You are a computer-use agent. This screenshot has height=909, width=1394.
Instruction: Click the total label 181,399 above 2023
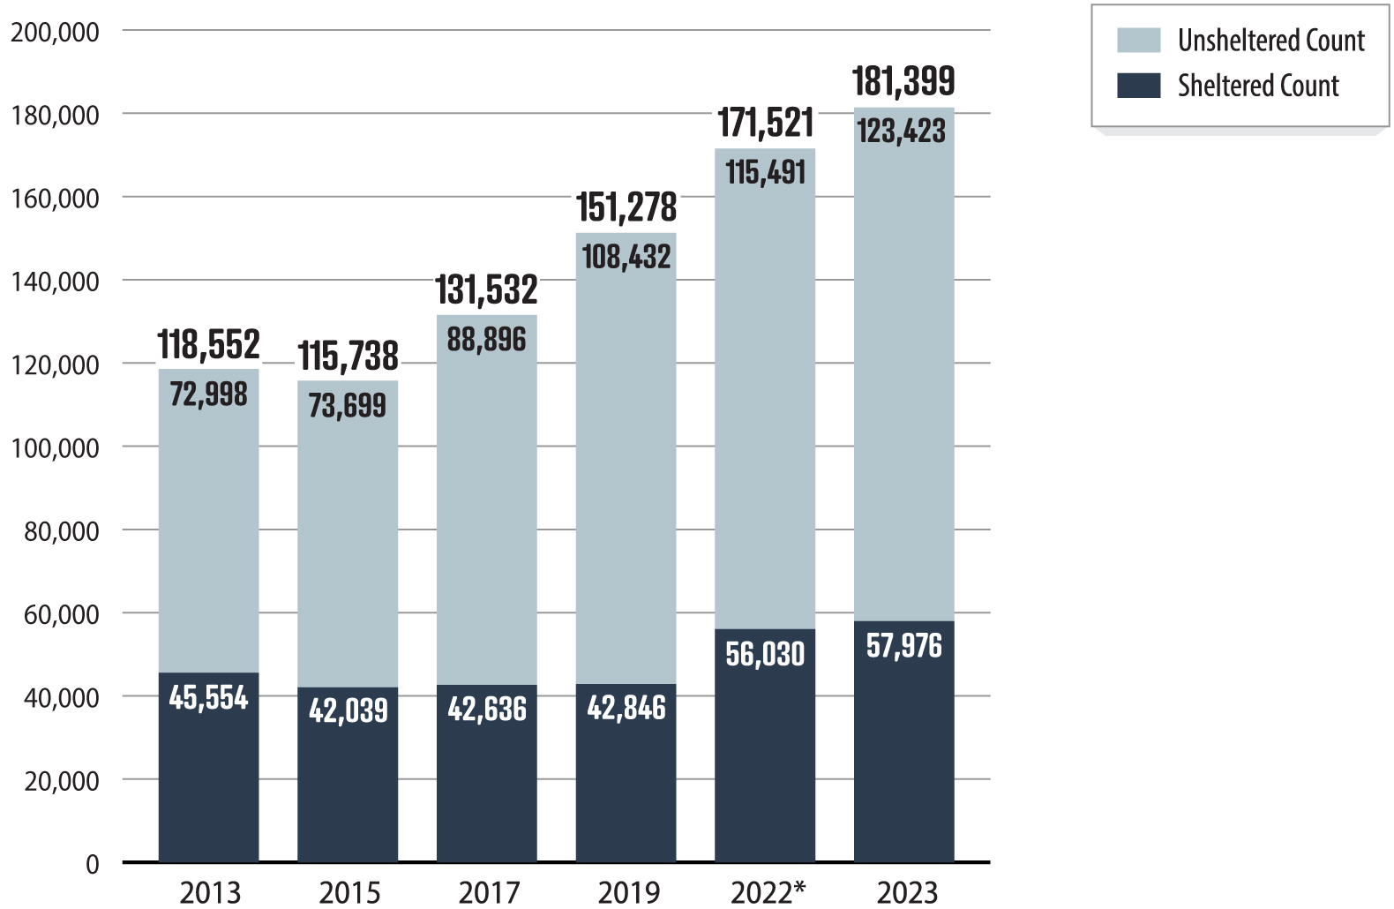(903, 81)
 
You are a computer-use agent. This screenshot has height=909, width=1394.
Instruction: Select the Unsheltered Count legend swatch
(1138, 41)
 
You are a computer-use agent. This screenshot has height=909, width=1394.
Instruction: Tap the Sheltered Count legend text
(1257, 86)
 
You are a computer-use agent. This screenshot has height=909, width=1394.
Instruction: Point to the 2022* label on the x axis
(768, 892)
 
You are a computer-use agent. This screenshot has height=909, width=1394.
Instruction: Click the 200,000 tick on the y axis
(55, 32)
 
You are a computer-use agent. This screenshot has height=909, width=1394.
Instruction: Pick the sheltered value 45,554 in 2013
(208, 697)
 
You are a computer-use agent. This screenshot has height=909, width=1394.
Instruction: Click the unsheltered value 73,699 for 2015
(347, 405)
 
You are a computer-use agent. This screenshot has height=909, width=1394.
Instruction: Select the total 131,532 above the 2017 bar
(486, 289)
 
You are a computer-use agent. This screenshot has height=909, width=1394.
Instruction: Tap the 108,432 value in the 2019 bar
(626, 257)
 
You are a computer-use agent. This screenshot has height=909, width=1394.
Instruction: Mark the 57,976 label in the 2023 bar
(903, 645)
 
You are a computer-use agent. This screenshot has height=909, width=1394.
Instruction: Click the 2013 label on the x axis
(210, 892)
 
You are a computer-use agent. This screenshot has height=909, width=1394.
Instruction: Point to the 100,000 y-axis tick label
(55, 448)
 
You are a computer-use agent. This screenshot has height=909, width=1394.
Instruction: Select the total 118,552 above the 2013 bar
(208, 344)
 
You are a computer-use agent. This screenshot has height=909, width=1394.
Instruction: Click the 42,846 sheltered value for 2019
(626, 707)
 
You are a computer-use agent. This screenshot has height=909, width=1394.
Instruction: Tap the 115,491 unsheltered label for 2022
(765, 172)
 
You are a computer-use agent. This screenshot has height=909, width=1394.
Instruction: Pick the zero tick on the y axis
(92, 864)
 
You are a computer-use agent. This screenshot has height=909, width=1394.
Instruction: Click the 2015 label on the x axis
(349, 892)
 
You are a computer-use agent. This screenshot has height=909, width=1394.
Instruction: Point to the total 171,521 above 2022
(765, 123)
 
